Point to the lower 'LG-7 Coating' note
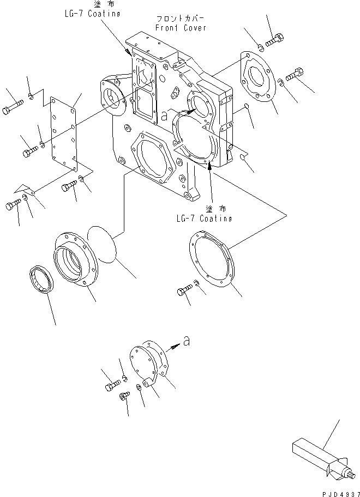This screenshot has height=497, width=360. tap(205, 218)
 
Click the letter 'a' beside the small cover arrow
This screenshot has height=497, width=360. tap(187, 342)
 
